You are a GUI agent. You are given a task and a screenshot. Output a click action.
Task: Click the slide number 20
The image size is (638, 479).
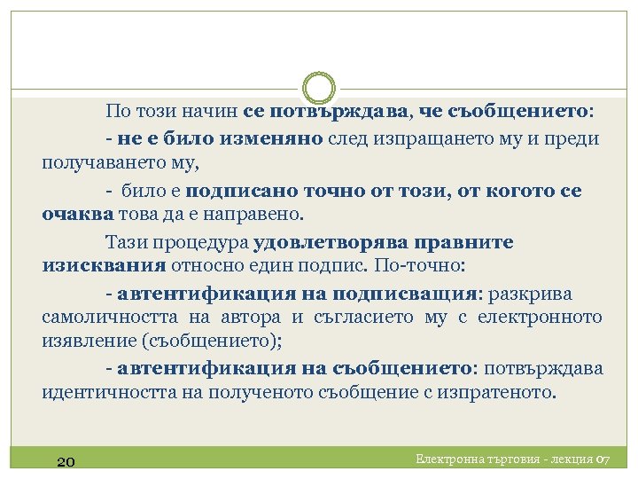(65, 461)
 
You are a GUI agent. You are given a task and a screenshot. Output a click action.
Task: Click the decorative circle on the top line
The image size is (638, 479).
(319, 89)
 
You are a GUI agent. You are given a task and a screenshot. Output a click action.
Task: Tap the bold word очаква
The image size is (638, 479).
(78, 216)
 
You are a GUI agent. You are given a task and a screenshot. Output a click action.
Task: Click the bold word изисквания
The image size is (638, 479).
(104, 267)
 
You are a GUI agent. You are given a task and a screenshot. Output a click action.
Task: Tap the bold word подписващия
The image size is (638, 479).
(404, 293)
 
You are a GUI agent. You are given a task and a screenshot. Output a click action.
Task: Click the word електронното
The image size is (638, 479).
(541, 318)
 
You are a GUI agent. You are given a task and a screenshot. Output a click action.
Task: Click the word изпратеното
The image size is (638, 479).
(501, 393)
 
